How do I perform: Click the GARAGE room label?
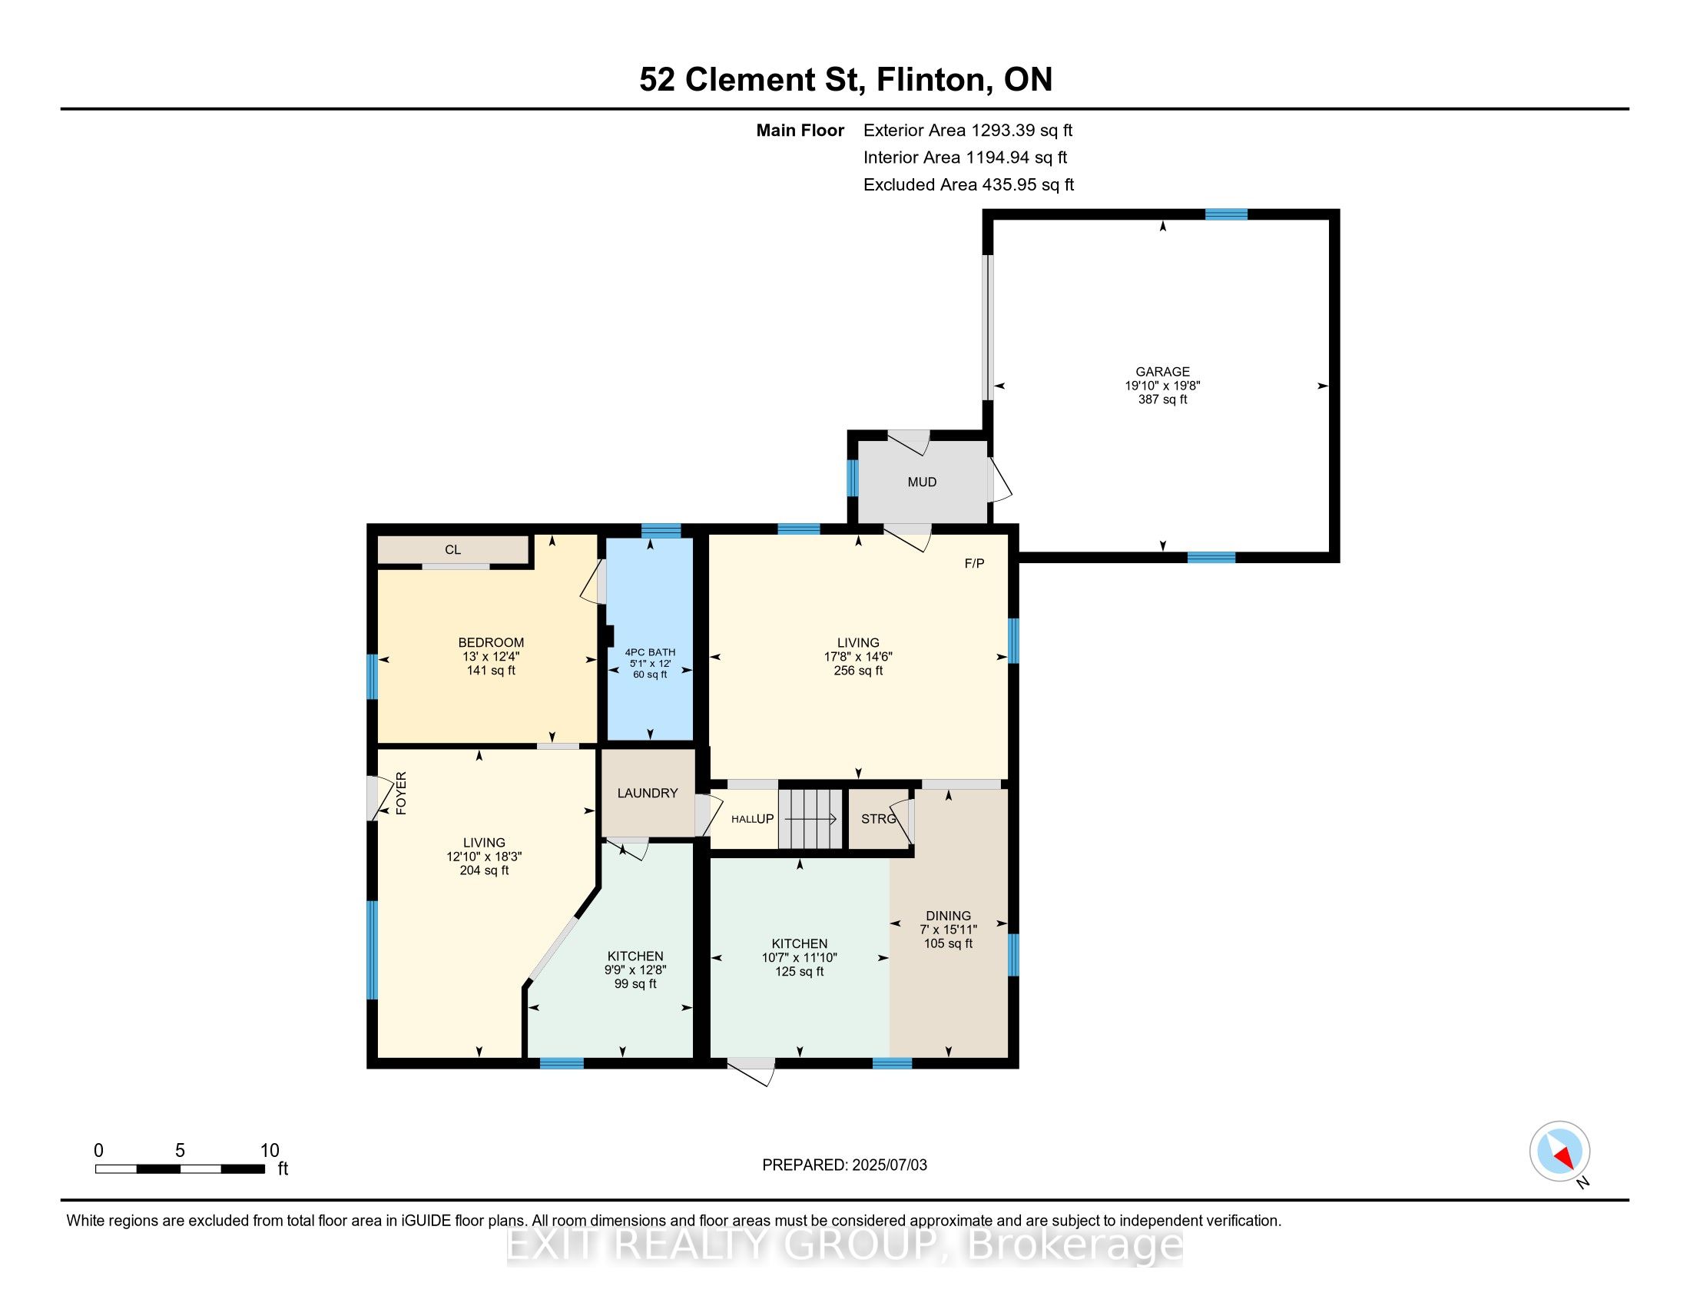tap(1162, 371)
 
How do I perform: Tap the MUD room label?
tap(922, 482)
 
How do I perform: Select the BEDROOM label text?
tap(491, 642)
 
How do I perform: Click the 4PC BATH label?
tap(650, 652)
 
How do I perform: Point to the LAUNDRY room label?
tap(647, 793)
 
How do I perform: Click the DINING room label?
tap(948, 915)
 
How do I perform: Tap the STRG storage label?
tap(879, 819)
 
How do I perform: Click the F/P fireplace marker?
tap(974, 563)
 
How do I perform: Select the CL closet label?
tap(452, 549)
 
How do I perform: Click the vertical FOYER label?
tap(401, 793)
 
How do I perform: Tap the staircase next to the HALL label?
tap(811, 819)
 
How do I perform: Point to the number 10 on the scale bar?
tap(270, 1150)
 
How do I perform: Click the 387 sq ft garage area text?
tap(1162, 399)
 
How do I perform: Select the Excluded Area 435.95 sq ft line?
tap(969, 185)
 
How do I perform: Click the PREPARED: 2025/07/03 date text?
tap(844, 1165)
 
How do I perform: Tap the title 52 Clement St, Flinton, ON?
tap(846, 79)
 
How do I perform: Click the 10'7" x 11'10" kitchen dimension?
tap(800, 957)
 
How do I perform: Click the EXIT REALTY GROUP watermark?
tap(845, 1244)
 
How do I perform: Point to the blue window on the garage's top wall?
tap(1226, 214)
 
